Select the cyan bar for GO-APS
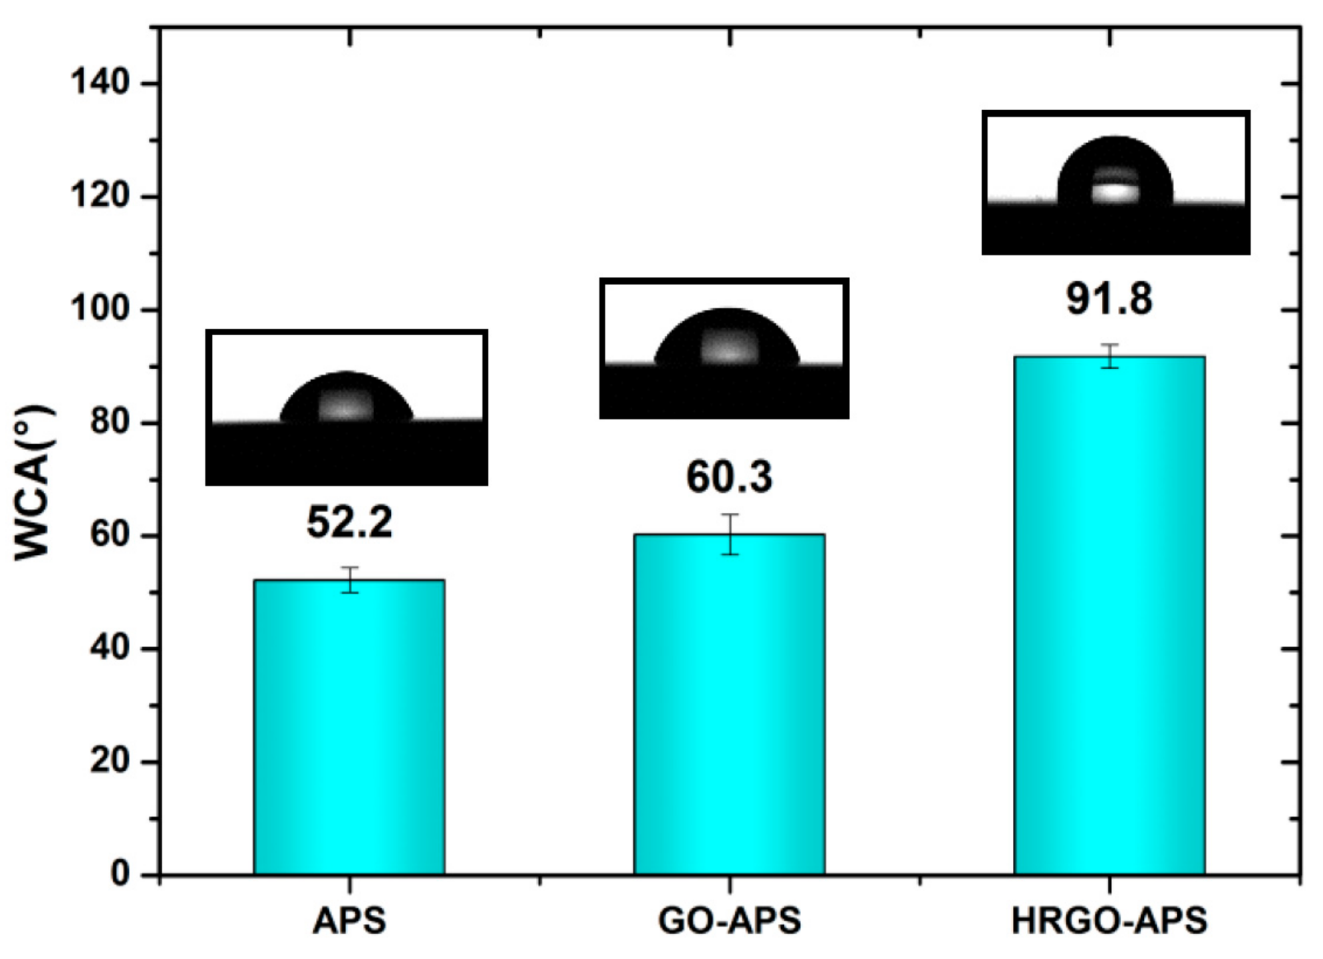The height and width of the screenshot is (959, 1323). [729, 704]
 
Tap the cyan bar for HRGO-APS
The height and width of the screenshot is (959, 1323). [1109, 615]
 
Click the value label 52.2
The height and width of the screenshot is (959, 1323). [349, 522]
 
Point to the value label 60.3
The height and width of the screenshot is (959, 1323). [729, 477]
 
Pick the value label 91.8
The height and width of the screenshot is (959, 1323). [1109, 299]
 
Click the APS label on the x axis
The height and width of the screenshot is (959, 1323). [349, 921]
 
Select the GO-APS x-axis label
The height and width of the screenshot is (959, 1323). [729, 921]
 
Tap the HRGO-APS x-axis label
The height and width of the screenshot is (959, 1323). [1109, 921]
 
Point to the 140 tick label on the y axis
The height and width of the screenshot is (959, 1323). [100, 83]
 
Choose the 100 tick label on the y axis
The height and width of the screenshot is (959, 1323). [100, 310]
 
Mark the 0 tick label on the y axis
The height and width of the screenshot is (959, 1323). [120, 874]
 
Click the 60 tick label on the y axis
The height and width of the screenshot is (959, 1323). [110, 536]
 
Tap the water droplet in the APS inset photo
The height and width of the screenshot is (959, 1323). [346, 399]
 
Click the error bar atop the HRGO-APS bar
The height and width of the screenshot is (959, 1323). [1110, 356]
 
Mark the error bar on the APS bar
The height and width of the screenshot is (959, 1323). [349, 579]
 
